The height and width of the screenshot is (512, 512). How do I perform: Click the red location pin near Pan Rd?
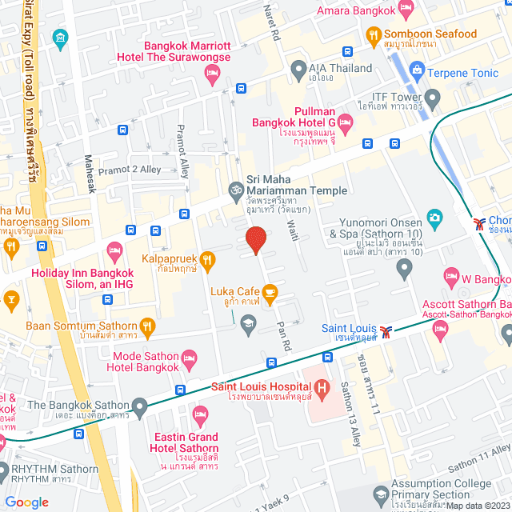coord(255,239)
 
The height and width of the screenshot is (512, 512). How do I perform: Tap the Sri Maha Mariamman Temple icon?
coord(235,190)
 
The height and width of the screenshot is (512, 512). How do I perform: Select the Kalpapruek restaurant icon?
coord(207,258)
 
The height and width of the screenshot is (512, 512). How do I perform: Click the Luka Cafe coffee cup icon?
coord(270,291)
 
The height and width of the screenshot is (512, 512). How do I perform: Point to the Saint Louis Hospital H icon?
coord(322,390)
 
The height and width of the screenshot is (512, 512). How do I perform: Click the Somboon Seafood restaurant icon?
coord(373,34)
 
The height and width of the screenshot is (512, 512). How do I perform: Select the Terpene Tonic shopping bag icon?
coord(416,71)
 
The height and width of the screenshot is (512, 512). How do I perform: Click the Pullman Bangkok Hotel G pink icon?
coord(345,122)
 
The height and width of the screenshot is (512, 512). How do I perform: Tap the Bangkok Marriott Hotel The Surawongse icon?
coord(212,74)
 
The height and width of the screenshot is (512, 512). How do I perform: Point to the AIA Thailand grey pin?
coord(298,68)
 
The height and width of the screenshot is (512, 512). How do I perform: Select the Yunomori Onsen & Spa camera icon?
coord(434,217)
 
